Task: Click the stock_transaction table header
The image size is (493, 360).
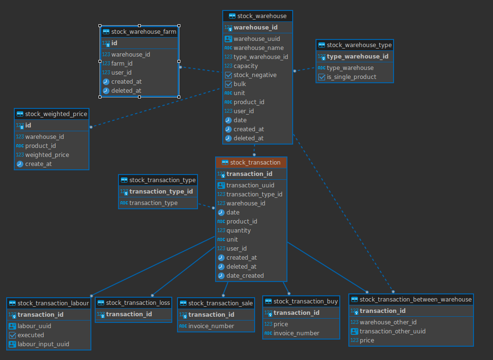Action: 251,163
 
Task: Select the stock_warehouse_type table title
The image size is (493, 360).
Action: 359,45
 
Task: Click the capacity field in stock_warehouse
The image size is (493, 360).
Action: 246,66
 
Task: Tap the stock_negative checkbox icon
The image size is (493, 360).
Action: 228,75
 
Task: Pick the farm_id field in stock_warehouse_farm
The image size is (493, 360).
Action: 122,63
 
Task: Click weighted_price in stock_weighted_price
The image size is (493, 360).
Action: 47,155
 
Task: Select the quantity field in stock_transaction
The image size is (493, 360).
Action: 238,231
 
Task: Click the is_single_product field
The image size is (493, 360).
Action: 352,77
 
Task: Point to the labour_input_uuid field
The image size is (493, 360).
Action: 43,344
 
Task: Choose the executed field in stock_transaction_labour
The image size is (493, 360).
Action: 31,335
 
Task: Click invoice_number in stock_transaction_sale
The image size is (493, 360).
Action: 211,326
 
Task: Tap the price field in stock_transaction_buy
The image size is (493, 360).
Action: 281,324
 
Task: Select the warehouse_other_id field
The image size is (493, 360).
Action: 388,322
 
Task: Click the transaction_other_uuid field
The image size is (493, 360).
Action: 393,331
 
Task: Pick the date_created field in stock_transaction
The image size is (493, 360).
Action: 245,276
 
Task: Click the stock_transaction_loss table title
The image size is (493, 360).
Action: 138,303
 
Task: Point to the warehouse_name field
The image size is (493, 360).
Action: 258,48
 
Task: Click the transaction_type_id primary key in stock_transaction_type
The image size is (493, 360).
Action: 161,192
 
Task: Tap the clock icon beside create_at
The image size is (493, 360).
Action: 20,164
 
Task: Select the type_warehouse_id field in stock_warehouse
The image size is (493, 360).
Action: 261,57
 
